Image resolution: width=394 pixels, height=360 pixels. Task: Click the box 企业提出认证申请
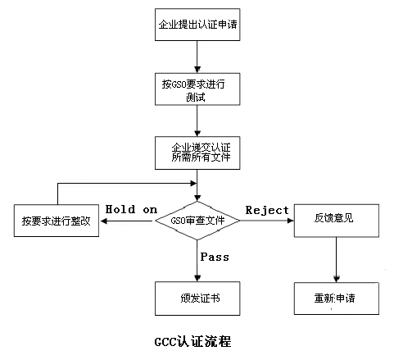(x=197, y=25)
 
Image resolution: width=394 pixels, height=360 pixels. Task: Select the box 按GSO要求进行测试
(x=197, y=89)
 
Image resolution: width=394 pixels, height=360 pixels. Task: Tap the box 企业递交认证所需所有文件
(x=197, y=153)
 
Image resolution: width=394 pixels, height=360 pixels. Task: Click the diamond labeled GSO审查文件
(x=197, y=221)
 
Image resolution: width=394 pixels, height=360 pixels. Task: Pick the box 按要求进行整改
(x=57, y=221)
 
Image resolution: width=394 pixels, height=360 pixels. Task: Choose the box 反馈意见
(x=337, y=221)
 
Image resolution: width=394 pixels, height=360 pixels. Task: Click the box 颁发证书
(x=197, y=298)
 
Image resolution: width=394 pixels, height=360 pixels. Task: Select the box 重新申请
(x=337, y=298)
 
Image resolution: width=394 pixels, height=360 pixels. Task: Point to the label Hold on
(x=131, y=210)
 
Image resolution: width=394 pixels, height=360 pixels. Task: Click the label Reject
(x=267, y=210)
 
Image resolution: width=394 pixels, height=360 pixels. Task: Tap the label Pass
(x=215, y=257)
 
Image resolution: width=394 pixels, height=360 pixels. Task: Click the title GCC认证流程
(x=192, y=342)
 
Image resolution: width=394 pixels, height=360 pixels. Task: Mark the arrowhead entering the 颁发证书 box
(x=197, y=279)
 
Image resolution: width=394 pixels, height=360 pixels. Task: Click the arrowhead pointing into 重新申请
(x=337, y=279)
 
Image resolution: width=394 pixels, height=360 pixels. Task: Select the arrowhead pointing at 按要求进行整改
(x=104, y=221)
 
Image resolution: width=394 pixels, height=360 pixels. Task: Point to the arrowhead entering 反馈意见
(x=291, y=221)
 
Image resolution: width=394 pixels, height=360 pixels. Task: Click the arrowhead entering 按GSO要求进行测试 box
(x=197, y=70)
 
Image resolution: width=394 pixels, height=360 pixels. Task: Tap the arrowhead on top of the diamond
(x=197, y=198)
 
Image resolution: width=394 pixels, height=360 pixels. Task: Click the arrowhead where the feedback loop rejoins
(x=193, y=183)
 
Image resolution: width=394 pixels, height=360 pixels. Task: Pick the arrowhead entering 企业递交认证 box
(x=197, y=134)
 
